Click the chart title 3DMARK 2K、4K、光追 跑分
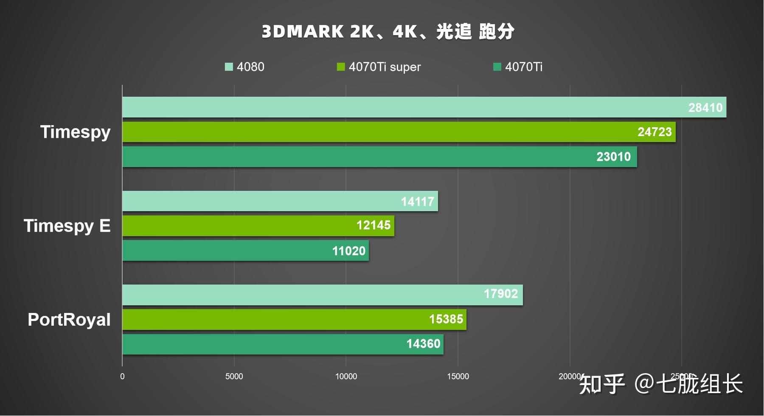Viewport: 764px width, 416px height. tap(388, 32)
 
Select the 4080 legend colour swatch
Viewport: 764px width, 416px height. tap(229, 67)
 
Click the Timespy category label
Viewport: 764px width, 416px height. tap(75, 132)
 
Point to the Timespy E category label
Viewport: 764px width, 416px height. tap(67, 226)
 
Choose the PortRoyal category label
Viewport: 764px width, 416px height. tap(69, 320)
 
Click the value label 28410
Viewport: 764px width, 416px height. tap(705, 108)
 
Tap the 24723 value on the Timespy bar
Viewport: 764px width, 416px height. tap(654, 132)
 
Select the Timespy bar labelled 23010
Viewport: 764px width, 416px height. tap(379, 157)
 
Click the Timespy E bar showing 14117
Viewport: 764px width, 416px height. tap(280, 201)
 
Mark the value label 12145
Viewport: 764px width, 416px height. tap(373, 225)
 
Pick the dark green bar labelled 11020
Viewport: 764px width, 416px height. tap(245, 251)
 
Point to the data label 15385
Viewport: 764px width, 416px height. tap(446, 319)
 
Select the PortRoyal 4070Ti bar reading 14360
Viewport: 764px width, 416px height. tap(283, 344)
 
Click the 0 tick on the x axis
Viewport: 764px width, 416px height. tap(122, 377)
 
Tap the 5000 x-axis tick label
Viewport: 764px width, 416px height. tap(234, 377)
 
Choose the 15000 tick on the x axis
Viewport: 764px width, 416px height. tap(458, 377)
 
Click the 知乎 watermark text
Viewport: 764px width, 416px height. tap(602, 384)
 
